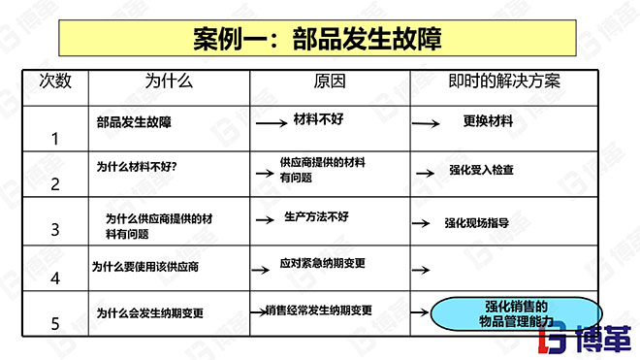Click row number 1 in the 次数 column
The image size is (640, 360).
(54, 138)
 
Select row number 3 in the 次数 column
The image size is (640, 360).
(54, 230)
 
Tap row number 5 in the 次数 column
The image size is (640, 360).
(54, 324)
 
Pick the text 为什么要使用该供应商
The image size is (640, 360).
(145, 265)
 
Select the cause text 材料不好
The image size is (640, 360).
(319, 120)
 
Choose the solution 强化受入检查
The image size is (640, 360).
(481, 170)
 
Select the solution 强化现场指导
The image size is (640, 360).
(476, 222)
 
